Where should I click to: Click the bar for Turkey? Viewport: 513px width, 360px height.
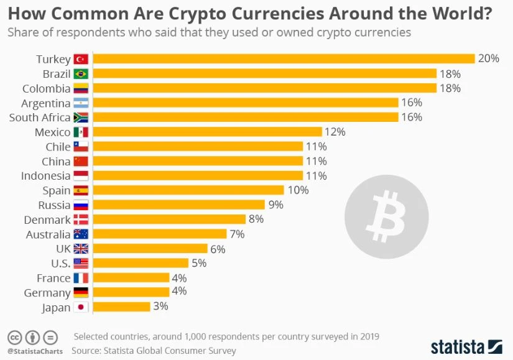[283, 59]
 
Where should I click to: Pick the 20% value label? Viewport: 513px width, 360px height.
[488, 59]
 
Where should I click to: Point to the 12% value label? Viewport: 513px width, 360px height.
[335, 132]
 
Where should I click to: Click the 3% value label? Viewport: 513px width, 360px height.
[160, 307]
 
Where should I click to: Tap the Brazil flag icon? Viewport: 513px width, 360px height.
[81, 74]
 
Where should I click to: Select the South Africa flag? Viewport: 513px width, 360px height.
[81, 118]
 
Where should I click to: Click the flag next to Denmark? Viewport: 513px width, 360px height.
[81, 219]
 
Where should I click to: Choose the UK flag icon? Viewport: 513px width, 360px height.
[81, 249]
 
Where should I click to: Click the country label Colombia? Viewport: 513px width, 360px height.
[46, 89]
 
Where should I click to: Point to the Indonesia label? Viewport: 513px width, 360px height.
[46, 176]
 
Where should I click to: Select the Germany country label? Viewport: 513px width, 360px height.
[47, 293]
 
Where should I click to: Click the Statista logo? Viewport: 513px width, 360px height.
[466, 346]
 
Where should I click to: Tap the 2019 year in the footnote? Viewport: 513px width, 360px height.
[367, 336]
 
